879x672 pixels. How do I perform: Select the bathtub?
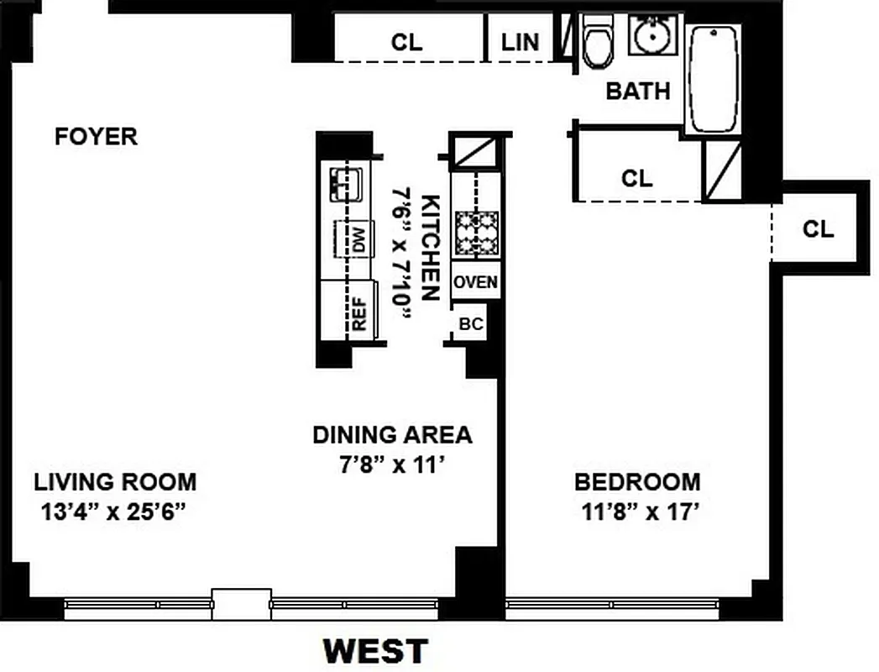click(714, 79)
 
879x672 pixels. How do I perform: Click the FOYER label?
click(96, 136)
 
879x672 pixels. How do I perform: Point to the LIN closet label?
click(521, 42)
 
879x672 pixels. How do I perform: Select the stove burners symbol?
click(477, 233)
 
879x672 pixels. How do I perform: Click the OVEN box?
click(476, 282)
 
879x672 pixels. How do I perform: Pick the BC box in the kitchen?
click(472, 324)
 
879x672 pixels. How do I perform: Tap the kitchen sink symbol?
click(345, 182)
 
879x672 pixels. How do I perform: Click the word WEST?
click(375, 651)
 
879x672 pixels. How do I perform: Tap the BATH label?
click(638, 91)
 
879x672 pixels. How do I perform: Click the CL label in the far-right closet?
click(818, 228)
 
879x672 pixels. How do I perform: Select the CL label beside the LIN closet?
click(407, 42)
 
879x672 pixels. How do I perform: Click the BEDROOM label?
click(637, 482)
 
